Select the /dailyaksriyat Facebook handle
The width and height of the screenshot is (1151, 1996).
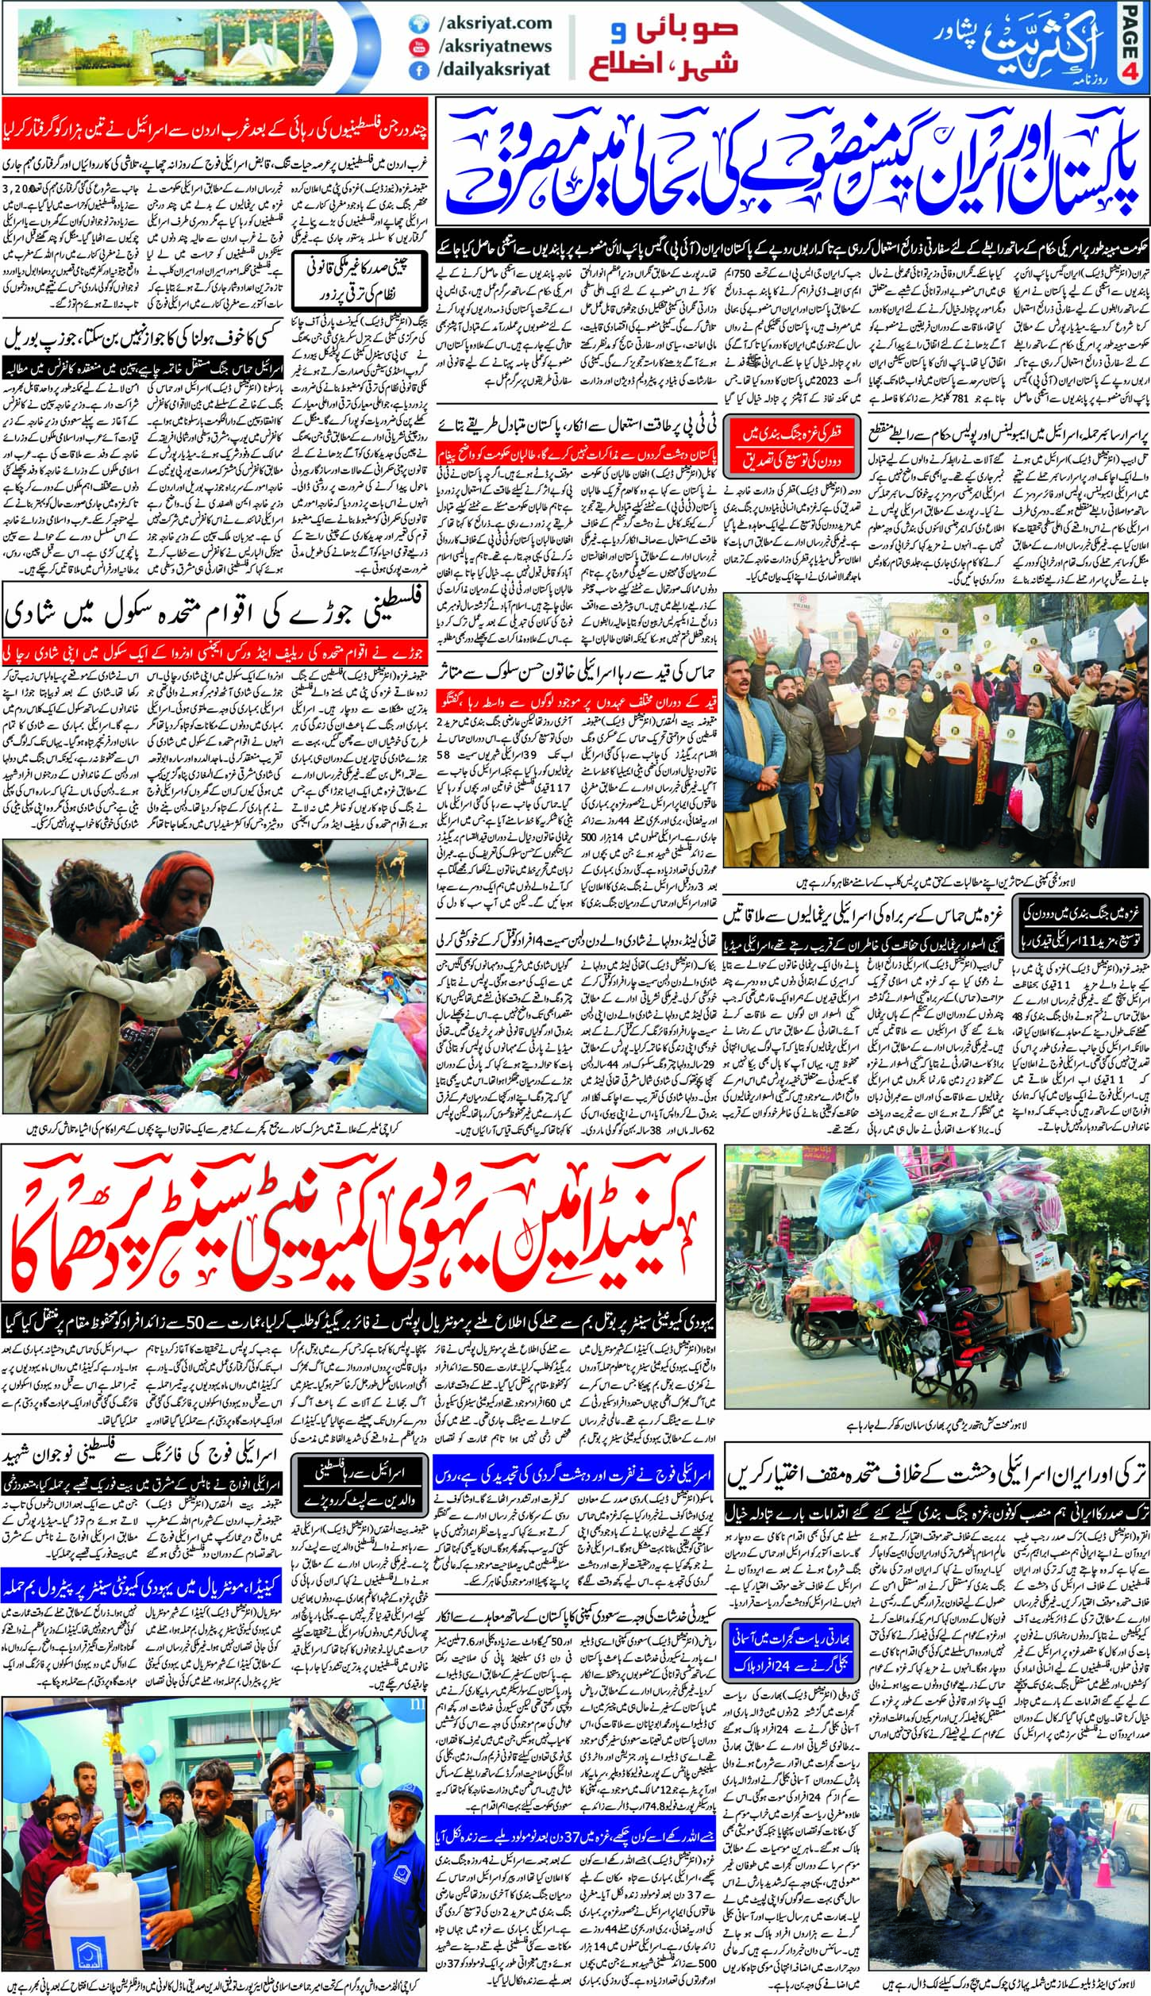point(493,69)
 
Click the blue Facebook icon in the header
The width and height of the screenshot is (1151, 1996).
point(414,70)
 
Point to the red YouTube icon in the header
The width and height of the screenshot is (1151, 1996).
point(414,47)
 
